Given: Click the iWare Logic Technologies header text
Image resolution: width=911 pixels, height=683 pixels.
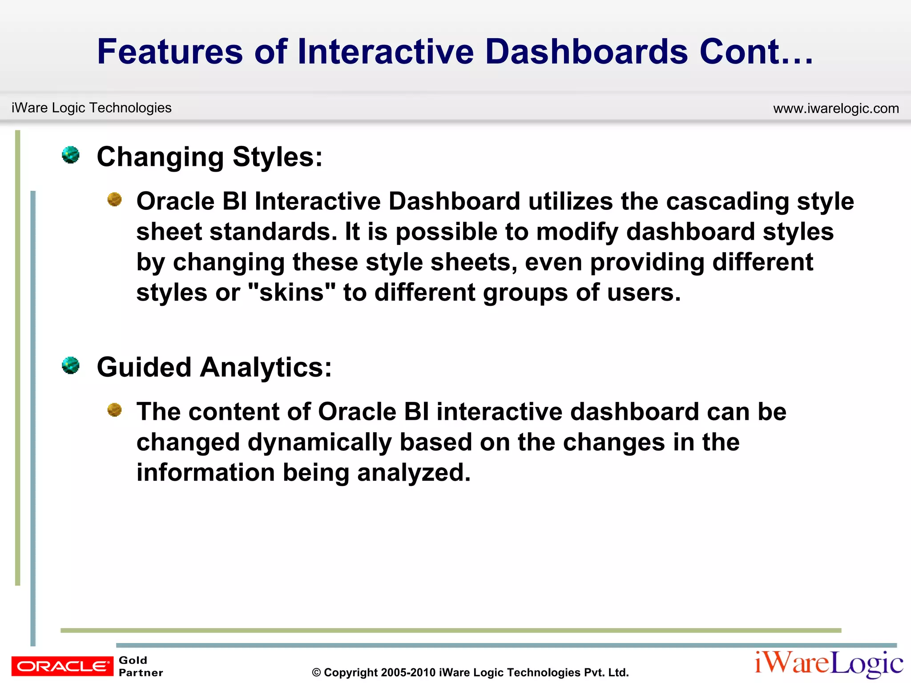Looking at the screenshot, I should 91,108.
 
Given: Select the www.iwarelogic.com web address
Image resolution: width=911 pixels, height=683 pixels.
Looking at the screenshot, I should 836,108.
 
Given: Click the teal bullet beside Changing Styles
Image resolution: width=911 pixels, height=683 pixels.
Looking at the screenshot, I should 71,155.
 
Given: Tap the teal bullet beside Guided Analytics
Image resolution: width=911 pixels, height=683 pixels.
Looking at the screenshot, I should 71,366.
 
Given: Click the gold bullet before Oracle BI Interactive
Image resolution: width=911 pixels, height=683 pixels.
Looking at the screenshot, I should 115,199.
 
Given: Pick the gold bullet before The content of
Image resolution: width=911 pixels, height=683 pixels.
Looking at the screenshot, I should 115,410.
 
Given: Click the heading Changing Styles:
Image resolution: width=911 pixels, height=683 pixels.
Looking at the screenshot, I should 210,157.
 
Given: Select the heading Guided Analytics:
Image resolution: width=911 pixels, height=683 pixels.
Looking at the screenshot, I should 214,367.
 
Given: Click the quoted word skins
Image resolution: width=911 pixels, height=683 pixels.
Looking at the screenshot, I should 291,293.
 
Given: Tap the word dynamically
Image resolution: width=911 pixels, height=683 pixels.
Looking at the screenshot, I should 319,442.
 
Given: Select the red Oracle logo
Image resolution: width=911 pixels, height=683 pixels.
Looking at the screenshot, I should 62,666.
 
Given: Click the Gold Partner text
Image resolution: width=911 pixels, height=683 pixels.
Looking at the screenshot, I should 140,666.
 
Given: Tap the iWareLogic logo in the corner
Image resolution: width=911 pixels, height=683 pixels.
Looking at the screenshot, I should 829,663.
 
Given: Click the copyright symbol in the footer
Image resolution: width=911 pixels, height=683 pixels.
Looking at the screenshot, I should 316,673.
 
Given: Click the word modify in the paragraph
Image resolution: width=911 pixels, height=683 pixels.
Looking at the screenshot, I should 577,232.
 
